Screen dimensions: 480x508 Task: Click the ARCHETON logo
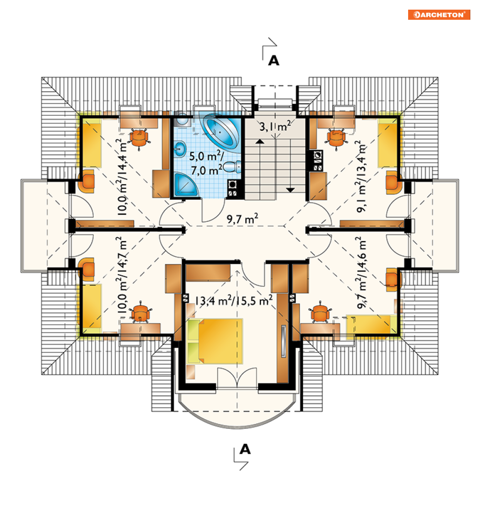(439, 15)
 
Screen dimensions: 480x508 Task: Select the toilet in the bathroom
(232, 167)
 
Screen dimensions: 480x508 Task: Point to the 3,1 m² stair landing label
(275, 126)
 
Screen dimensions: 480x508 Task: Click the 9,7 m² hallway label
(242, 219)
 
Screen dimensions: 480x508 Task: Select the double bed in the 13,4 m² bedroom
(215, 341)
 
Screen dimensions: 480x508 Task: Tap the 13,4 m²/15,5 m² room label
(233, 301)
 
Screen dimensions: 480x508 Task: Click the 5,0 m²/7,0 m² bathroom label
(206, 163)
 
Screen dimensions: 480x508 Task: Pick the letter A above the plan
(274, 61)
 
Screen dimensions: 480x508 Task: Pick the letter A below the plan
(245, 449)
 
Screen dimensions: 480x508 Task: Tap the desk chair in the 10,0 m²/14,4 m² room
(139, 138)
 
